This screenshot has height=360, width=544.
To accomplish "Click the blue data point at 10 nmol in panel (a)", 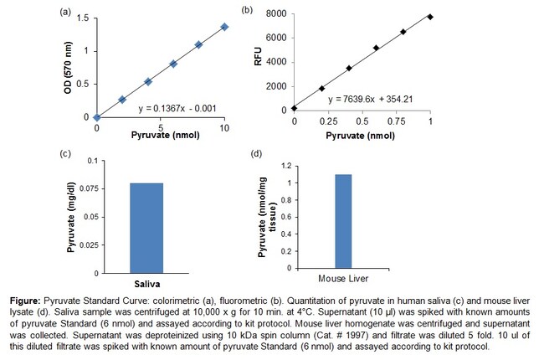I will (x=224, y=27).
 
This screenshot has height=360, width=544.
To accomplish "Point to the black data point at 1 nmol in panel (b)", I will (x=430, y=17).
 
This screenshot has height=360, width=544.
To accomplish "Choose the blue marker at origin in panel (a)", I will (x=97, y=117).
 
